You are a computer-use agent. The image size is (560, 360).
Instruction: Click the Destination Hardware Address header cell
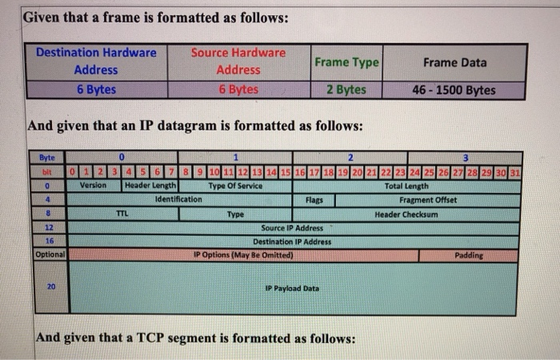click(x=96, y=61)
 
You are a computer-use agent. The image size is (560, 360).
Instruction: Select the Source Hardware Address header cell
click(x=238, y=61)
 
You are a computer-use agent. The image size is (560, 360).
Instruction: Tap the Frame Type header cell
click(x=346, y=62)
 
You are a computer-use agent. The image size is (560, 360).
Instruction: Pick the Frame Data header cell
click(x=454, y=62)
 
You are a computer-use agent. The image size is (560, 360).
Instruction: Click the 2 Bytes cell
click(x=346, y=90)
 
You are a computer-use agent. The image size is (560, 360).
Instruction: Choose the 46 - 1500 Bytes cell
click(x=454, y=90)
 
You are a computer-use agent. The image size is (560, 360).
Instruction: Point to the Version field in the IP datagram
click(x=95, y=186)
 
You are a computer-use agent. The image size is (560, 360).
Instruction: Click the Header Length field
click(x=150, y=186)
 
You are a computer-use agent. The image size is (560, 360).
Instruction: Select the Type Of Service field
click(x=235, y=186)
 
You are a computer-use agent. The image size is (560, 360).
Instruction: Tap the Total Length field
click(x=406, y=186)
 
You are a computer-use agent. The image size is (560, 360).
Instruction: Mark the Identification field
click(x=178, y=199)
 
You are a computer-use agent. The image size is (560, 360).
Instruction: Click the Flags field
click(x=314, y=200)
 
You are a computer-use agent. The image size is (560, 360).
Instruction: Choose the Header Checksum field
click(x=406, y=214)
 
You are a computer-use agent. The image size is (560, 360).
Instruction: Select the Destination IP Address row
click(x=292, y=242)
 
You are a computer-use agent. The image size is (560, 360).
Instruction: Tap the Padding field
click(x=469, y=255)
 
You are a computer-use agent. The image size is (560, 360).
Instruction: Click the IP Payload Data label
click(x=292, y=288)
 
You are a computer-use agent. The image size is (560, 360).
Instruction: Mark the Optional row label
click(x=50, y=254)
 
